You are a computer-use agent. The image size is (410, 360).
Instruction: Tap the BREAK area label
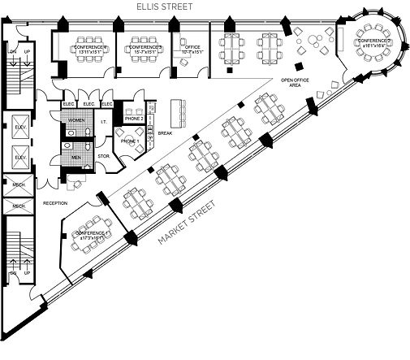click(x=165, y=133)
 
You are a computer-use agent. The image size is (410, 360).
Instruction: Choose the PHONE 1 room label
click(x=129, y=141)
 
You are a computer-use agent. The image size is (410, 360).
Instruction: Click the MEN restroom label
click(x=76, y=157)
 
